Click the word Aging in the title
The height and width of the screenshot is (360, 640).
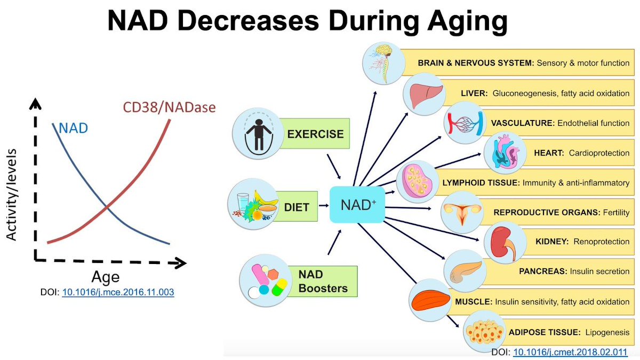coord(467,22)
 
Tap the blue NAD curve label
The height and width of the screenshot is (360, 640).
coord(74,129)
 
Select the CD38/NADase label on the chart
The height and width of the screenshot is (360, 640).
coord(169,107)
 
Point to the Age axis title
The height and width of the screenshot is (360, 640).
coord(106,277)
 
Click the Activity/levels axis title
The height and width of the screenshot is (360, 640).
coord(11,195)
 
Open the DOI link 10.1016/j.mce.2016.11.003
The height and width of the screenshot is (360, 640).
coord(118,292)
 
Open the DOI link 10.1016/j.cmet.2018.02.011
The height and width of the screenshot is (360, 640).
coord(570,352)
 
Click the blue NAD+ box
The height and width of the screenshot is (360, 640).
coord(357,205)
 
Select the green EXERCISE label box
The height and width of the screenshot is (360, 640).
coord(314,133)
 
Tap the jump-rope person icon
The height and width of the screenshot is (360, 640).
coord(258,133)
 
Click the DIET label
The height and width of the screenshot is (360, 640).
coord(297,206)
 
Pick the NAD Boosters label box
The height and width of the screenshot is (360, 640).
coord(322,282)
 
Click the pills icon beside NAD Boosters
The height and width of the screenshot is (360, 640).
coord(266,281)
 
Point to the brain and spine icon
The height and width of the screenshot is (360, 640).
coord(383,63)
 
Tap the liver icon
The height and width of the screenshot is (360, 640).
coord(425,94)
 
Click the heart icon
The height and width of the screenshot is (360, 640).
coord(505,153)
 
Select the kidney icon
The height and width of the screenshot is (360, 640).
coord(505,243)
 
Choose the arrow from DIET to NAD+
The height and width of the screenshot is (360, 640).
coord(324,205)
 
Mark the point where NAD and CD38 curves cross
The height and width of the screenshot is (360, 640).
coord(106,205)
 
